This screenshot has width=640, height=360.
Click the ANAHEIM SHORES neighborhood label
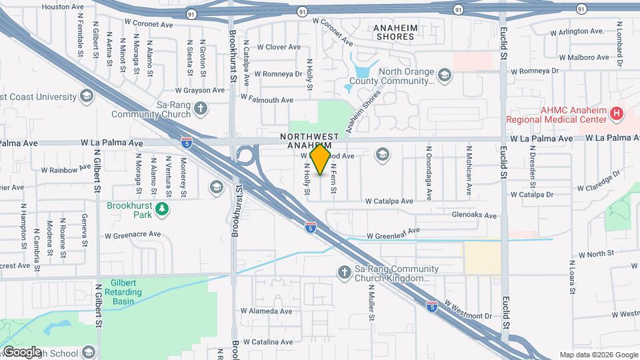click(x=395, y=32)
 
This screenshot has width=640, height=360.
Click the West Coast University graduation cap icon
click(x=85, y=97)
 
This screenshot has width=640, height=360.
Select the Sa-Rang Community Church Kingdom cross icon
click(x=344, y=273)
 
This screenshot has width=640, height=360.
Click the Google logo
click(x=21, y=352)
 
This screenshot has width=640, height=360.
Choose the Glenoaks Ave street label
click(x=474, y=215)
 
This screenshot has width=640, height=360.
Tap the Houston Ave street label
click(x=63, y=7)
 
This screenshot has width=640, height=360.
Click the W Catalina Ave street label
click(x=267, y=342)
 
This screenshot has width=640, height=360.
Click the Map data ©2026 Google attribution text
click(x=598, y=355)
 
